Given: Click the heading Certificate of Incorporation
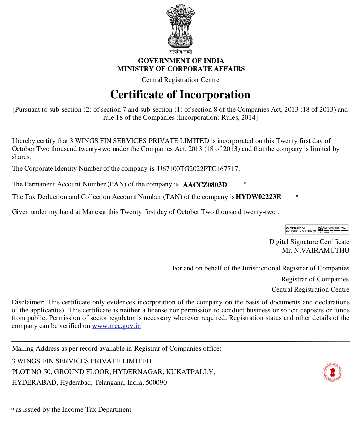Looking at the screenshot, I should click(180, 95).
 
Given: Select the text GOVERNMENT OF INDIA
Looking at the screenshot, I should click(181, 61).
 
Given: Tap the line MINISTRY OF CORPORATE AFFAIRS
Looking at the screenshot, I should click(181, 69).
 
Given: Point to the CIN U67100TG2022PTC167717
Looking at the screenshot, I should click(198, 169).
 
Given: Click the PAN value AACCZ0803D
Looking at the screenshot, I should click(205, 185).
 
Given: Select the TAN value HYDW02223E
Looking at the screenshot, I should click(258, 197).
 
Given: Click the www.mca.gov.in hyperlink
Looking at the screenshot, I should click(116, 326).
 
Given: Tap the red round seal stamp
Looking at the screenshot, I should click(332, 372).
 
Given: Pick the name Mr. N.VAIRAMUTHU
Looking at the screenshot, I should click(315, 250).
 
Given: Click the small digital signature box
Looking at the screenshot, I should click(317, 229).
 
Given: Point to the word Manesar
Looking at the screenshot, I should click(94, 212).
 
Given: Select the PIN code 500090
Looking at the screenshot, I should click(156, 382).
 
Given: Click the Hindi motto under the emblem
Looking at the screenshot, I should click(180, 52).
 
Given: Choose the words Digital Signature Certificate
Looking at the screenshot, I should click(309, 242).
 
